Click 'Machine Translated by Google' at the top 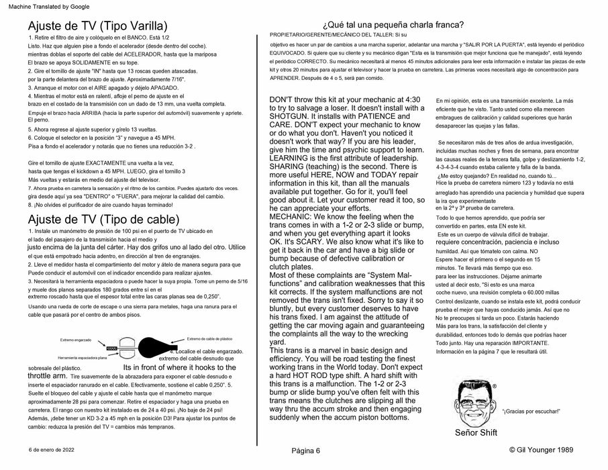[41, 5]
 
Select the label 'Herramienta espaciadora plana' [83, 357]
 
